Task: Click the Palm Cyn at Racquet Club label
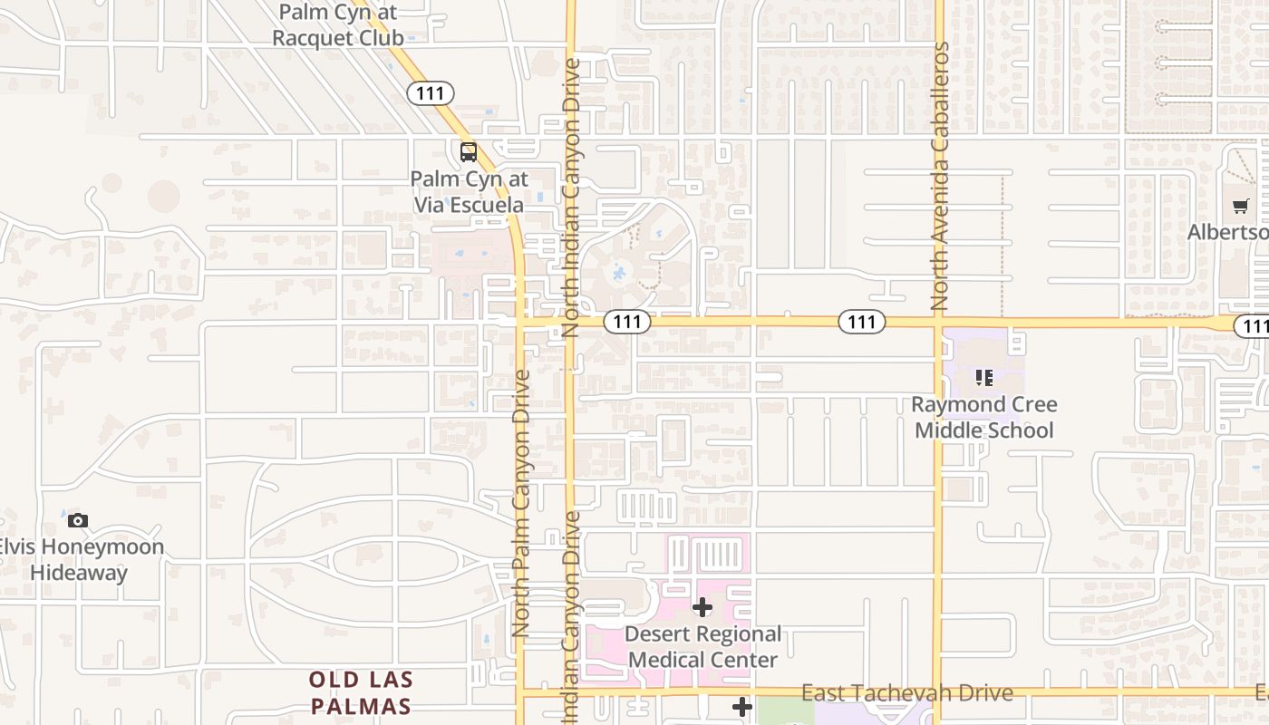click(x=337, y=25)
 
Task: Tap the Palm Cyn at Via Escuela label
click(x=469, y=192)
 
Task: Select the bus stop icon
click(x=468, y=151)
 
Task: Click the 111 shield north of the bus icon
click(x=430, y=92)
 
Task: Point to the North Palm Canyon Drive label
click(x=520, y=503)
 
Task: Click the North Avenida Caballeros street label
click(x=940, y=177)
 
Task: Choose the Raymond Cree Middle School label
click(x=984, y=417)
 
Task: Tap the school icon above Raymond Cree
click(x=984, y=377)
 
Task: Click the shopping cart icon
click(x=1241, y=207)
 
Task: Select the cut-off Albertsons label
click(x=1228, y=233)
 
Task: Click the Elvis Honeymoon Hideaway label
click(x=80, y=559)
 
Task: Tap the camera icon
click(x=78, y=520)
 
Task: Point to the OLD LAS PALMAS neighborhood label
click(x=361, y=692)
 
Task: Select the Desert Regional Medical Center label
click(x=702, y=646)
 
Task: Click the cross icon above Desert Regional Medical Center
click(x=702, y=607)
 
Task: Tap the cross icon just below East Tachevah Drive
click(x=742, y=707)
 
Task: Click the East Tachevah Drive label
click(x=906, y=693)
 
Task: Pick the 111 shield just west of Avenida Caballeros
click(x=861, y=321)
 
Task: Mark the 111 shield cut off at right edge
click(x=1254, y=326)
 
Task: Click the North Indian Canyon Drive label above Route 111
click(x=571, y=198)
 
